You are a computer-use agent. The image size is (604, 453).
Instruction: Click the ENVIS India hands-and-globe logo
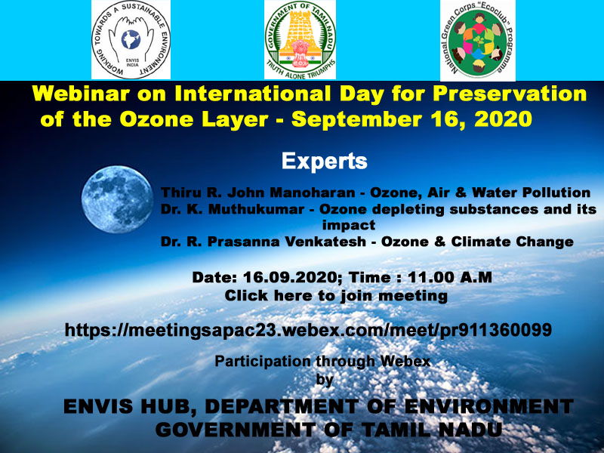click(131, 40)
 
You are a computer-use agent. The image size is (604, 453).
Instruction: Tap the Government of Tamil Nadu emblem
click(300, 40)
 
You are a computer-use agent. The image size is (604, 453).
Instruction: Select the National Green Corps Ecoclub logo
click(478, 41)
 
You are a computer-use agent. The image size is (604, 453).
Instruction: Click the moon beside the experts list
click(117, 199)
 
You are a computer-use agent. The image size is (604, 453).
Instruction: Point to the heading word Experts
click(325, 161)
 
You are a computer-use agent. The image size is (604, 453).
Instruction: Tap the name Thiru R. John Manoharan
click(257, 193)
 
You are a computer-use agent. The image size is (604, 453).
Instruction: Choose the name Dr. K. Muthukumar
click(233, 209)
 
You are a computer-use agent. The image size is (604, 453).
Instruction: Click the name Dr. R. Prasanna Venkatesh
click(263, 242)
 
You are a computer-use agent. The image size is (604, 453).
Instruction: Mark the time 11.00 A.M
click(449, 277)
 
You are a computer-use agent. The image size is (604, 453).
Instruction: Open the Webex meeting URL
click(308, 330)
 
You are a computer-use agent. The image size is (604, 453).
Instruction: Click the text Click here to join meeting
click(336, 296)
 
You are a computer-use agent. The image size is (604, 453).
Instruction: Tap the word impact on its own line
click(349, 225)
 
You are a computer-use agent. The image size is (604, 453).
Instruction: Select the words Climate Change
click(513, 242)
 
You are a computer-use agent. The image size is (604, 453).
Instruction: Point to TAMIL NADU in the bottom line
click(433, 430)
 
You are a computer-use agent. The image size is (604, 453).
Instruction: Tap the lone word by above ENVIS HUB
click(325, 380)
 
